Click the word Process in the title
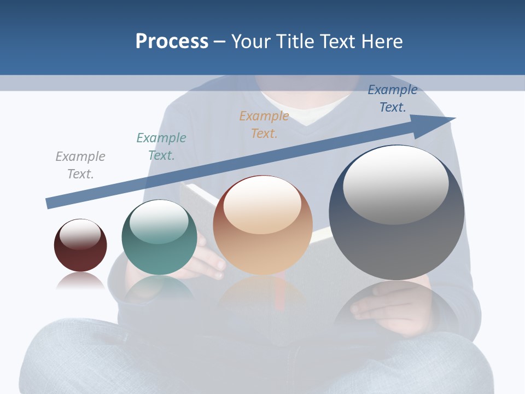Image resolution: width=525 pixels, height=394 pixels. [x=172, y=41]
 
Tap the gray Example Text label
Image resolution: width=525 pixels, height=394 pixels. [x=80, y=165]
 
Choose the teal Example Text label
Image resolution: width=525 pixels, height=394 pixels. [x=161, y=147]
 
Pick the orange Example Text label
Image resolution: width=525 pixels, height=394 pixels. [x=264, y=124]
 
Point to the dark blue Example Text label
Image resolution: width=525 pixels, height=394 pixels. [x=393, y=99]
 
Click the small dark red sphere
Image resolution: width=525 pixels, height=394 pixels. [x=80, y=252]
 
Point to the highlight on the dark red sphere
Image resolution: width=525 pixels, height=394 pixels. [x=80, y=234]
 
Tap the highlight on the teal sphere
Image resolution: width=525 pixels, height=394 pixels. [x=159, y=222]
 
